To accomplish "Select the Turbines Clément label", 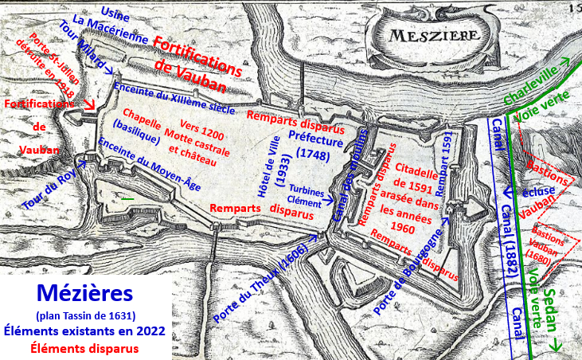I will point(306,197).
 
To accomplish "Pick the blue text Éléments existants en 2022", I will point(85,330).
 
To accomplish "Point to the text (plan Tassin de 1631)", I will point(85,314).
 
